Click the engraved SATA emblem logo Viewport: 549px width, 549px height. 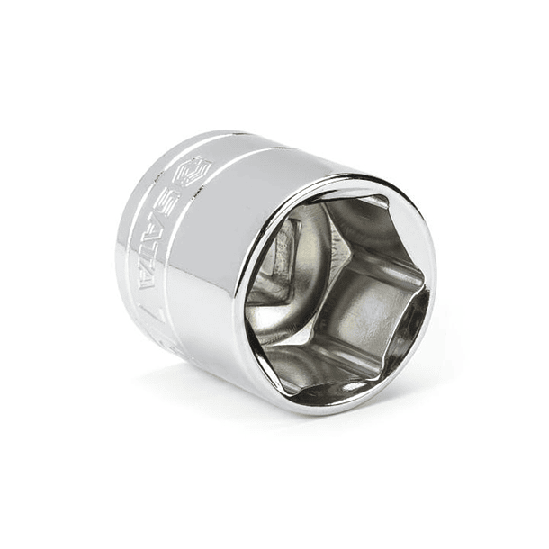point(192,172)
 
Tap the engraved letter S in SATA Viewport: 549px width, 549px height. point(176,204)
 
